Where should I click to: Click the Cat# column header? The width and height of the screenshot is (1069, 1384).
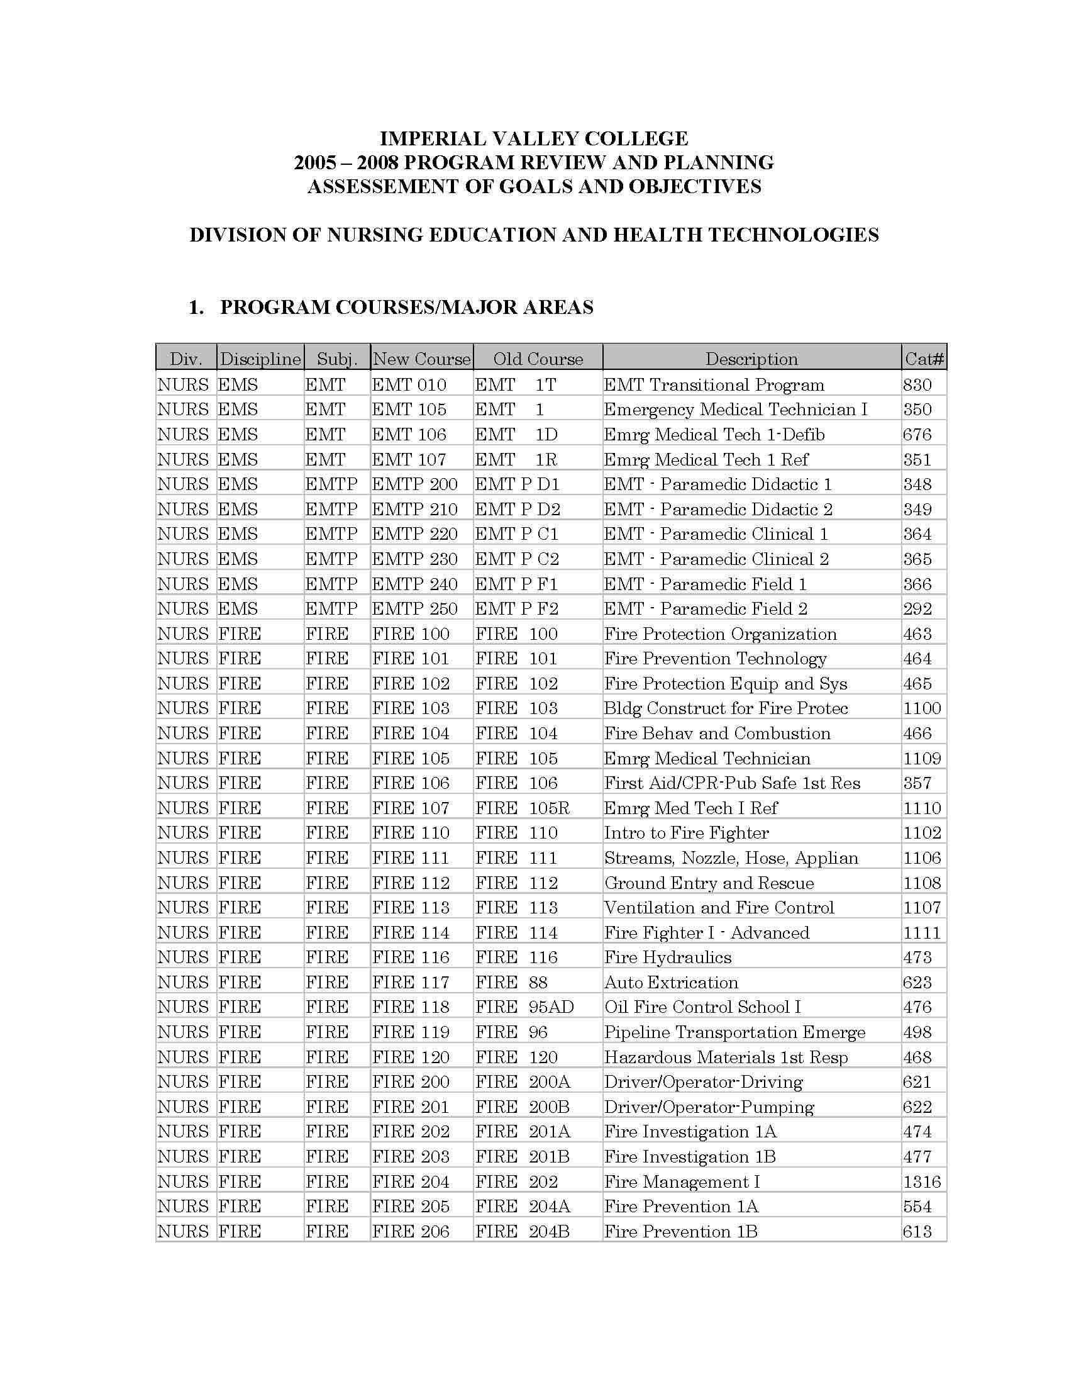point(924,359)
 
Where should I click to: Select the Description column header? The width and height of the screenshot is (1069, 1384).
point(751,359)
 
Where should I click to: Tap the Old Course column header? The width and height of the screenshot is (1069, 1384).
point(538,359)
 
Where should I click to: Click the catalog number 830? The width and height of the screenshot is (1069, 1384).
point(917,384)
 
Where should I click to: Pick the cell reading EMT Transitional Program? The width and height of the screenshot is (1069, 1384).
point(714,384)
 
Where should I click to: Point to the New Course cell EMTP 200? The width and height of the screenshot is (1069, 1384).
point(414,484)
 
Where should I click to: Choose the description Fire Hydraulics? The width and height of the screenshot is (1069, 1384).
point(667,957)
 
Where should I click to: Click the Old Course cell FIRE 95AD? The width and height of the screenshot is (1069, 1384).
point(524,1007)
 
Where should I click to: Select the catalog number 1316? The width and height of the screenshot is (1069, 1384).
point(922,1181)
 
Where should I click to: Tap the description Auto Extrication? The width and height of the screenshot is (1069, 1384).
point(671,982)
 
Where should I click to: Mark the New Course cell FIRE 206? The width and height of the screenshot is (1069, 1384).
point(411,1231)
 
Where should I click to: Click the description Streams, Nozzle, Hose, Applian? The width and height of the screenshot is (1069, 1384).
point(731,857)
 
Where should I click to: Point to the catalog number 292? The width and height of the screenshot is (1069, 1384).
point(917,608)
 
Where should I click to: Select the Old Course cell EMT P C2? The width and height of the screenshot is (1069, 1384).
point(517,559)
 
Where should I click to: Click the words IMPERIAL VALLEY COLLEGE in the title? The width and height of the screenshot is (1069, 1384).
point(533,139)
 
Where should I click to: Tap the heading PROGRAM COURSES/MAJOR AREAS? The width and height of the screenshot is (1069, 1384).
point(407,308)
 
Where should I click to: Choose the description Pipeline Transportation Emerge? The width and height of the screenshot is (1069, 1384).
point(734,1032)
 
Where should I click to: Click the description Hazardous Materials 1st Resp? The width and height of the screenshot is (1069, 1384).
point(726,1057)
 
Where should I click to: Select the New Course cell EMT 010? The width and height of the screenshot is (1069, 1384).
point(409,384)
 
